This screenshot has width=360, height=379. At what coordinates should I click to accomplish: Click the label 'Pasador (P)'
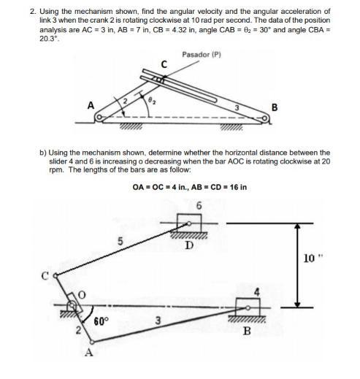200,53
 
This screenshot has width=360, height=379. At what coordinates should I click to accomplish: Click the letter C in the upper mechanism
164,66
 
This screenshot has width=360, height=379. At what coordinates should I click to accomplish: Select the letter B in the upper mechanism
274,108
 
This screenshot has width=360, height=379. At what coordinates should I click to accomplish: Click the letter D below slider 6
189,246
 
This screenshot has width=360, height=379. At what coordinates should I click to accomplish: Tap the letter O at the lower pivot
82,294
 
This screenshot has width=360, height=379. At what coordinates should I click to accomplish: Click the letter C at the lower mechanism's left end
45,276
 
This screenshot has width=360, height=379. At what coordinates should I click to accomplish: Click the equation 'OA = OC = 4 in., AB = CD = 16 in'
189,187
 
